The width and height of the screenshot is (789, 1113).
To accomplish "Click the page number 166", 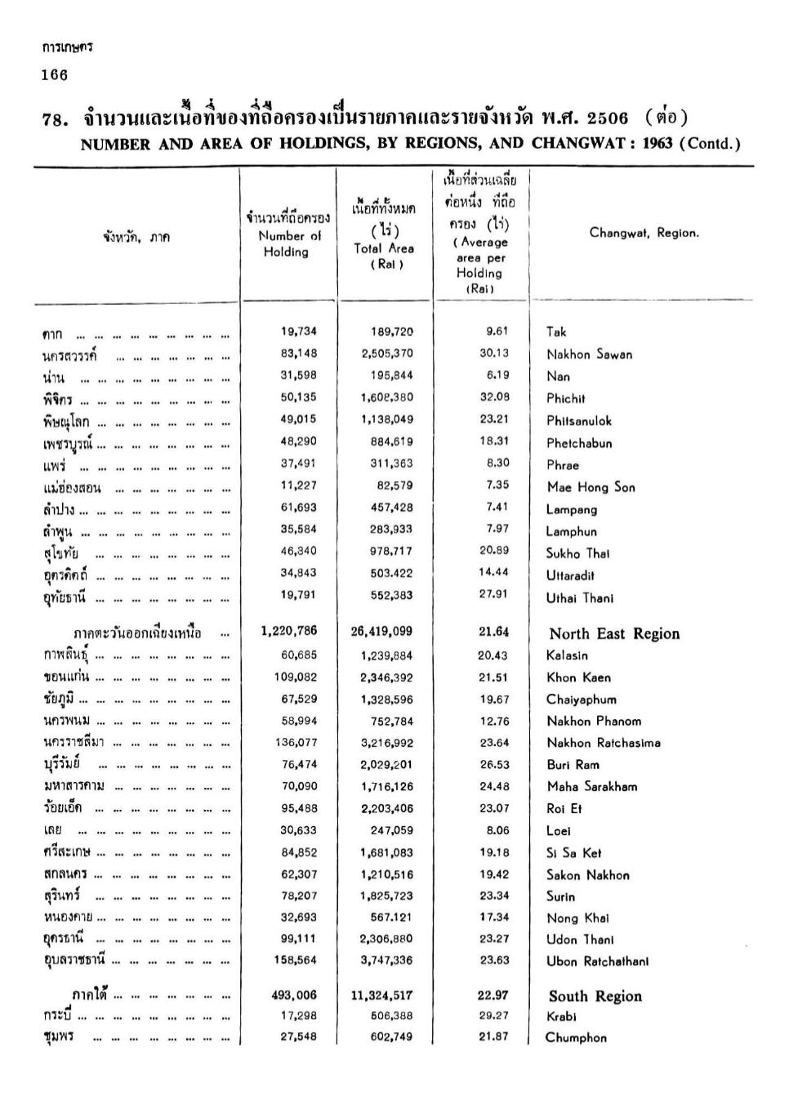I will pyautogui.click(x=55, y=76).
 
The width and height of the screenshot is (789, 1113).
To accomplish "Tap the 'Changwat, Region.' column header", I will pyautogui.click(x=644, y=233).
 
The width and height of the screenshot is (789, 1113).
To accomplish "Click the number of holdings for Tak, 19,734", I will pyautogui.click(x=298, y=332).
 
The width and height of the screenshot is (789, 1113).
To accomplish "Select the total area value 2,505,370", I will pyautogui.click(x=387, y=354).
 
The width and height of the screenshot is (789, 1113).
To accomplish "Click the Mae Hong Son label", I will pyautogui.click(x=591, y=487).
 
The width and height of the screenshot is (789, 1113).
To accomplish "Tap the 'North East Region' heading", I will pyautogui.click(x=613, y=633).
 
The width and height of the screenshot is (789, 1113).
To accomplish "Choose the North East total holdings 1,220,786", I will pyautogui.click(x=289, y=632).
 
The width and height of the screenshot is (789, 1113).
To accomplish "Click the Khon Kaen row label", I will pyautogui.click(x=578, y=677).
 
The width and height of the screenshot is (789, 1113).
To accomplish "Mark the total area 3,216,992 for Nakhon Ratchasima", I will pyautogui.click(x=386, y=743).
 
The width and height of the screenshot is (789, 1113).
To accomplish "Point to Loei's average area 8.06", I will pyautogui.click(x=497, y=830).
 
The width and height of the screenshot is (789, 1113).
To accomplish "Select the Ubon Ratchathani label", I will pyautogui.click(x=597, y=961).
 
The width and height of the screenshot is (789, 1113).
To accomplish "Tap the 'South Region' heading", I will pyautogui.click(x=595, y=996).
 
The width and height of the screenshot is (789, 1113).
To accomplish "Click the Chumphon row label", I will pyautogui.click(x=576, y=1038).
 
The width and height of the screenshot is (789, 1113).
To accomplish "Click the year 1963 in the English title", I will pyautogui.click(x=657, y=144).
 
